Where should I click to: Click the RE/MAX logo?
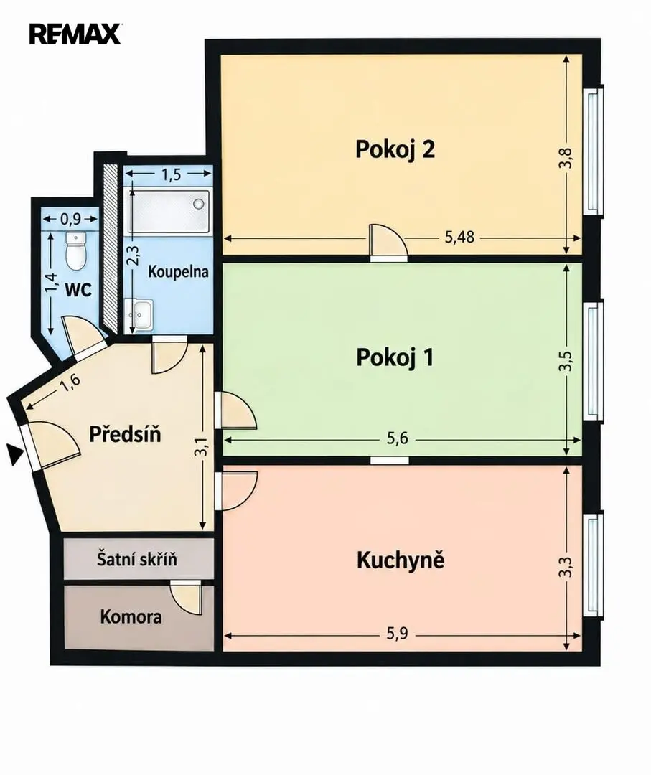(x=75, y=34)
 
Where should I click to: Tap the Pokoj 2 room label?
(x=395, y=149)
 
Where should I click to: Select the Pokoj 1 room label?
(x=395, y=357)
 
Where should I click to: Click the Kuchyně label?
(x=401, y=560)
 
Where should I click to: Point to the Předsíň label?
(x=125, y=434)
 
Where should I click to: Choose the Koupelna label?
(x=179, y=272)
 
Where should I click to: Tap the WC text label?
(x=79, y=290)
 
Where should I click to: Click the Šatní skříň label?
(x=136, y=559)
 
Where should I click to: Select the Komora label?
(x=131, y=617)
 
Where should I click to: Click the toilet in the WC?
(x=75, y=250)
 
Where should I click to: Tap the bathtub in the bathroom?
(x=168, y=211)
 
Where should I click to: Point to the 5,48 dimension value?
(x=459, y=238)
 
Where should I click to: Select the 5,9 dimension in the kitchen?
(x=398, y=634)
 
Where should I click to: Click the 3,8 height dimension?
(x=566, y=159)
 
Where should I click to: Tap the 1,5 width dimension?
(x=171, y=174)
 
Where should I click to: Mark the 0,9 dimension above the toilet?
(x=71, y=219)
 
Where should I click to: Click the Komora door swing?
(x=186, y=598)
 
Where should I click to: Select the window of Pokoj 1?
(x=594, y=360)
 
